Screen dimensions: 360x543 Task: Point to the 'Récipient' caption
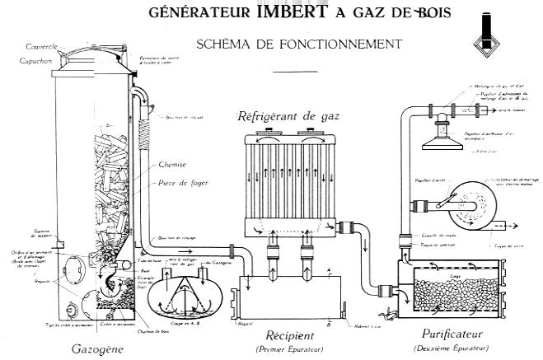click(x=285, y=335)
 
